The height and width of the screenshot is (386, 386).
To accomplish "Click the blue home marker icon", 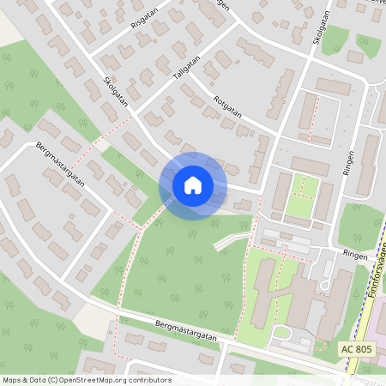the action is tap(193, 185).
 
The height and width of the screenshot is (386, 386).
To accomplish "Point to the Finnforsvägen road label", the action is tap(376, 279).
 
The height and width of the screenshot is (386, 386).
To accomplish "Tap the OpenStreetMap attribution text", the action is tap(87, 380).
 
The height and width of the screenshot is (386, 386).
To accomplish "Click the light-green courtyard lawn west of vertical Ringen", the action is tap(300, 196).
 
